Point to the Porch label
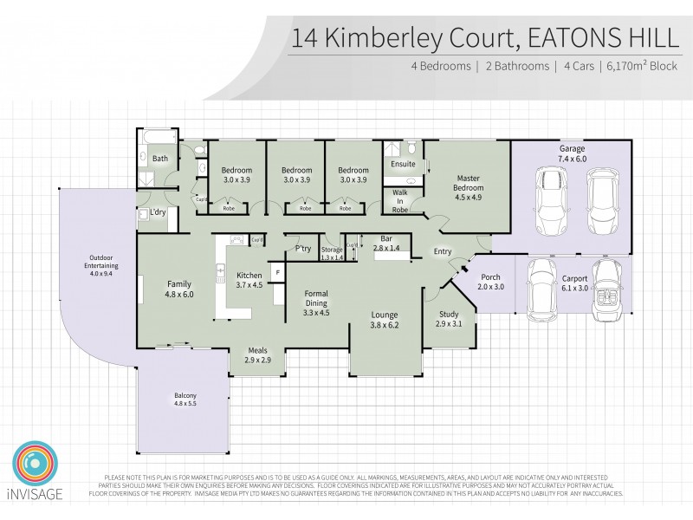tap(490, 283)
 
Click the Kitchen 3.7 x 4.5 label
tap(249, 281)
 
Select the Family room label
tap(179, 288)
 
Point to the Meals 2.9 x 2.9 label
tap(256, 354)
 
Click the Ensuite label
tap(403, 164)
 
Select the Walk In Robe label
tap(400, 200)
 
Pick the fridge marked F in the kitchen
tap(277, 274)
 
